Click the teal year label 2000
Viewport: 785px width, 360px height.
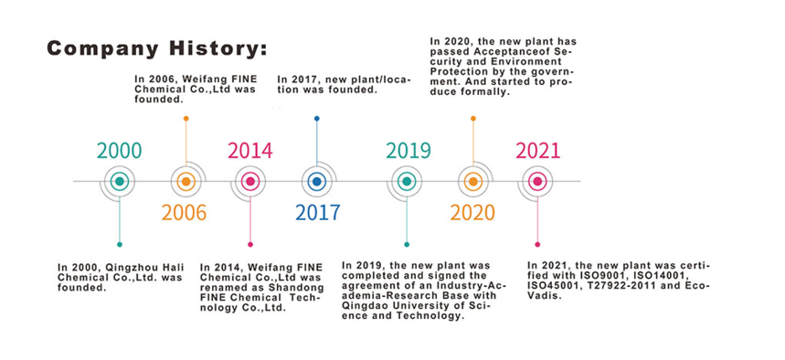[119, 151]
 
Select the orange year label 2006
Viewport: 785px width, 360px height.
[184, 213]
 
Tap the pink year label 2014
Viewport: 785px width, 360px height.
[250, 151]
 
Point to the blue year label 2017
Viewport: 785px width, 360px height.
[317, 213]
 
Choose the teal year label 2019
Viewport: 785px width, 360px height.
[408, 151]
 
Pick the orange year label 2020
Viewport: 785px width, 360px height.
[472, 213]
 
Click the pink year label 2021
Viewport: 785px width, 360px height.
[538, 151]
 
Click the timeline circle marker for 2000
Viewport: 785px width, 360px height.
[119, 181]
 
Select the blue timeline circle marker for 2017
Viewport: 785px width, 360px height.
[316, 181]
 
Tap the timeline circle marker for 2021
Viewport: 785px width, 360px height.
[537, 181]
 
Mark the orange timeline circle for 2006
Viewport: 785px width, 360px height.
[186, 181]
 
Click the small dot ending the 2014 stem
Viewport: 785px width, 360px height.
[250, 244]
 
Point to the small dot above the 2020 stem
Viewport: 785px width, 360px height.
[473, 119]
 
